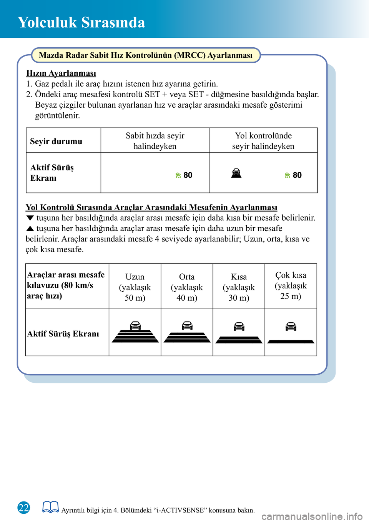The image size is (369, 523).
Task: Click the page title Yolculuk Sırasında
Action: pos(81,22)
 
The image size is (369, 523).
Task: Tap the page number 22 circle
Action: pos(24,508)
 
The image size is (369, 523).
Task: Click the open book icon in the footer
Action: pos(50,507)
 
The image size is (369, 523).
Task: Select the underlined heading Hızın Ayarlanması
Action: pos(61,73)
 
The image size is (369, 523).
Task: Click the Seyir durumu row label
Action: pos(56,141)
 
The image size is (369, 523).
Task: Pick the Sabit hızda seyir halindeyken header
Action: pos(155,141)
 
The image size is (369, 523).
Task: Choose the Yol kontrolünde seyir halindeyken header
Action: pos(263,141)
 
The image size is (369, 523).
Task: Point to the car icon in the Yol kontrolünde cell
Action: pos(236,173)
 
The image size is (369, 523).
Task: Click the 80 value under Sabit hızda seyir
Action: pos(188,175)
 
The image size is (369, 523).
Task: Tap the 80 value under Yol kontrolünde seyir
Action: pos(297,175)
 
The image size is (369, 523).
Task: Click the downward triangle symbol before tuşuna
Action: pos(30,218)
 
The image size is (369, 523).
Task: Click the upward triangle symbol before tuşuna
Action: pos(30,228)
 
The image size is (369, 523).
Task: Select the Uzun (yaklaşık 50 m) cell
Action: pos(135,287)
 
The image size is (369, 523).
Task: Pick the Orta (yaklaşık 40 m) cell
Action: pos(187,287)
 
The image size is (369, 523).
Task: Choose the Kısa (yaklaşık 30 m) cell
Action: pos(239,287)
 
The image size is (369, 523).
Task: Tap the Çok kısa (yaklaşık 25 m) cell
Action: pos(291,285)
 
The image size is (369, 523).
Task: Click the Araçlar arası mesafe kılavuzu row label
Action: pos(66,285)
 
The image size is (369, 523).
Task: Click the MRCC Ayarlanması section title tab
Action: pos(146,55)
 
